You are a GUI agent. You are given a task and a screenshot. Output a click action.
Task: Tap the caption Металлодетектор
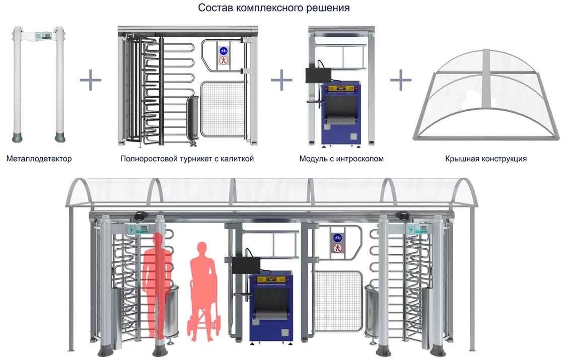(39, 159)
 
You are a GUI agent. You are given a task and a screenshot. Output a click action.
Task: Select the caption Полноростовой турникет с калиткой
(187, 159)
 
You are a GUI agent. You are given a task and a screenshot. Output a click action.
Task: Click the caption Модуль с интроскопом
(341, 159)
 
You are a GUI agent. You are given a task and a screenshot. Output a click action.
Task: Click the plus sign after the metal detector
(91, 81)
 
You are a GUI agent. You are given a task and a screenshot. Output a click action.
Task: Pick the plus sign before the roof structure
(401, 81)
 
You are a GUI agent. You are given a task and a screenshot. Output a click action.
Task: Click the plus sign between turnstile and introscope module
(281, 81)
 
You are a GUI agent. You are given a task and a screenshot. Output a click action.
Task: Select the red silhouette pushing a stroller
(202, 292)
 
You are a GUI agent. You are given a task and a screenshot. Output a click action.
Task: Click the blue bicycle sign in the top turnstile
(224, 51)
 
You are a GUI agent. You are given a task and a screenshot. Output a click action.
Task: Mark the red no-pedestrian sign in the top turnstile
(224, 61)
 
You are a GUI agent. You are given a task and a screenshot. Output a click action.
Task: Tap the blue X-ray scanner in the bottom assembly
(271, 307)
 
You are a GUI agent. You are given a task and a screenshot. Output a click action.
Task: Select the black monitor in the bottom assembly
(244, 264)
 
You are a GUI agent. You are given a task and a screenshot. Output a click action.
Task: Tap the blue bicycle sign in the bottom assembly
(337, 237)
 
